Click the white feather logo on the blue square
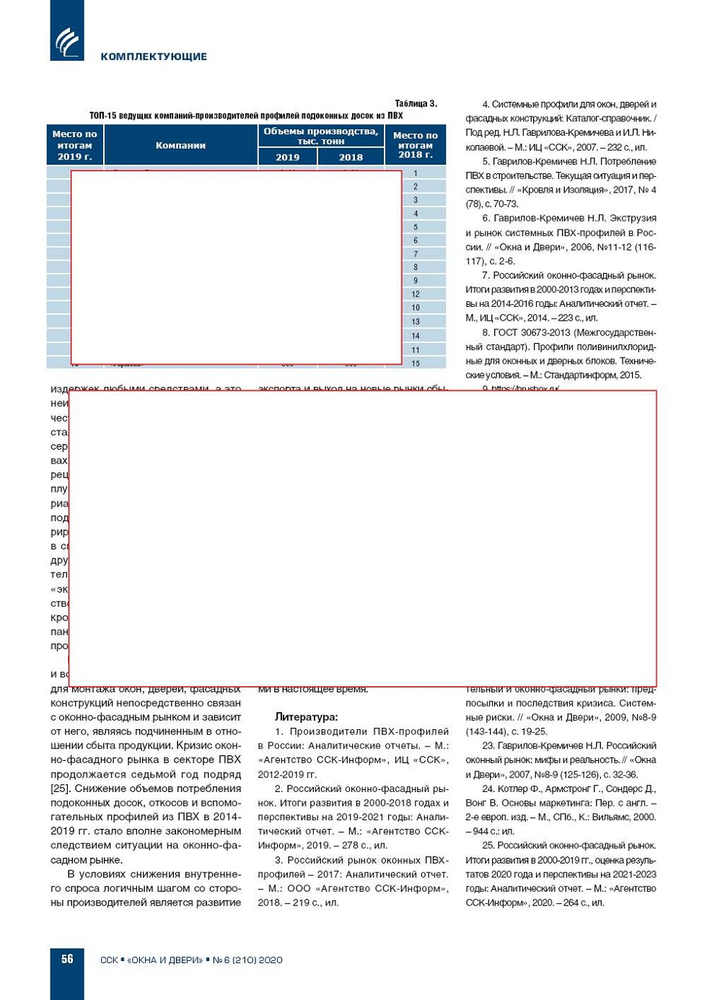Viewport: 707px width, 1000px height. pos(67,42)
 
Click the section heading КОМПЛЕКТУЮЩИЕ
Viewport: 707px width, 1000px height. pos(154,56)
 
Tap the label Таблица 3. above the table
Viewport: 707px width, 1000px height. pos(416,103)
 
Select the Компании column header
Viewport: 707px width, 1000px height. pos(180,145)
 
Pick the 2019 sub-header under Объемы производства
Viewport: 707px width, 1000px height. pos(287,157)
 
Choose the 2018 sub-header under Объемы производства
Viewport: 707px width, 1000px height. pos(351,157)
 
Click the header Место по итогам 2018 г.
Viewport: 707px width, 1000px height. pos(415,145)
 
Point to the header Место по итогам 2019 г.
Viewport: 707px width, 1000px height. pos(74,145)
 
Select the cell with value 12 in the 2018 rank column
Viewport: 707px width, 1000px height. pos(416,294)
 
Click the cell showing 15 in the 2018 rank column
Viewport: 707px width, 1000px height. pos(416,363)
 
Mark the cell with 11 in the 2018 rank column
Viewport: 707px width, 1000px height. pos(416,349)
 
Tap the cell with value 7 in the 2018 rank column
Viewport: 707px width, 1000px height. pos(416,254)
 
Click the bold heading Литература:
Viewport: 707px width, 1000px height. pos(306,717)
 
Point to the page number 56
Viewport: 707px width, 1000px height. pos(67,959)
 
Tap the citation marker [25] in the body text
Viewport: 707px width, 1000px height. pos(60,788)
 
